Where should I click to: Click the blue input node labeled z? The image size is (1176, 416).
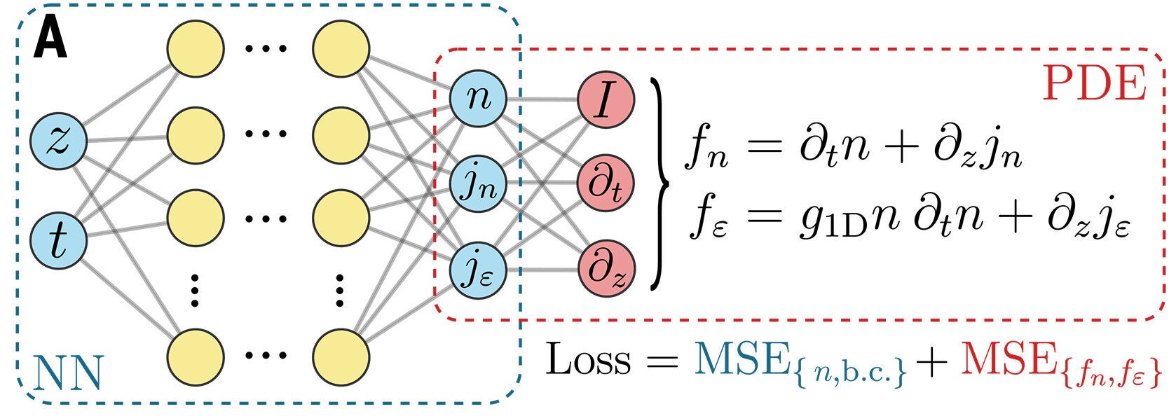(58, 141)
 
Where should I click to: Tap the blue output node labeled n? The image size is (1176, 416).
(479, 99)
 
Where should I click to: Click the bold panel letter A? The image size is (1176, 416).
(50, 39)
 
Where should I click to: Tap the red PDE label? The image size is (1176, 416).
(1094, 85)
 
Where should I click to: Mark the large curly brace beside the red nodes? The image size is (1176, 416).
(659, 183)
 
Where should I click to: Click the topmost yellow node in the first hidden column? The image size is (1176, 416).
(196, 48)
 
